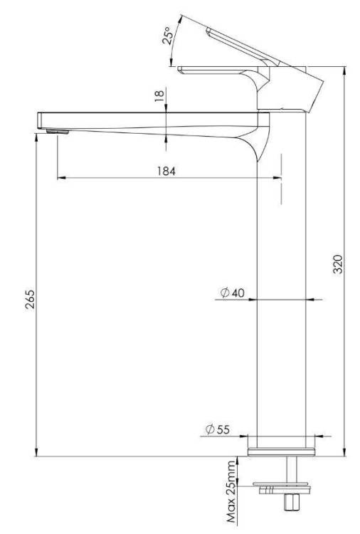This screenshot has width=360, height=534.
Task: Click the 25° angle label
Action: pos(168,35)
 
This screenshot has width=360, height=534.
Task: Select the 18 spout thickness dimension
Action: pos(159,95)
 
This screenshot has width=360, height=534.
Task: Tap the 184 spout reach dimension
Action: pos(166,171)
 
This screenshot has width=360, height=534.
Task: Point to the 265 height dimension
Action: pos(30,298)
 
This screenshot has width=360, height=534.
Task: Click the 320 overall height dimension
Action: pos(337,263)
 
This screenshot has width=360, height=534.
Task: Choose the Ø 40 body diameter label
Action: pos(233,292)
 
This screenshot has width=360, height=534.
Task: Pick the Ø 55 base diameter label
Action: pos(218,429)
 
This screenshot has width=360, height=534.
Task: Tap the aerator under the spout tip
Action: pos(57,132)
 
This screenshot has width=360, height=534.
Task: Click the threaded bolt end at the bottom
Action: pos(292,502)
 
